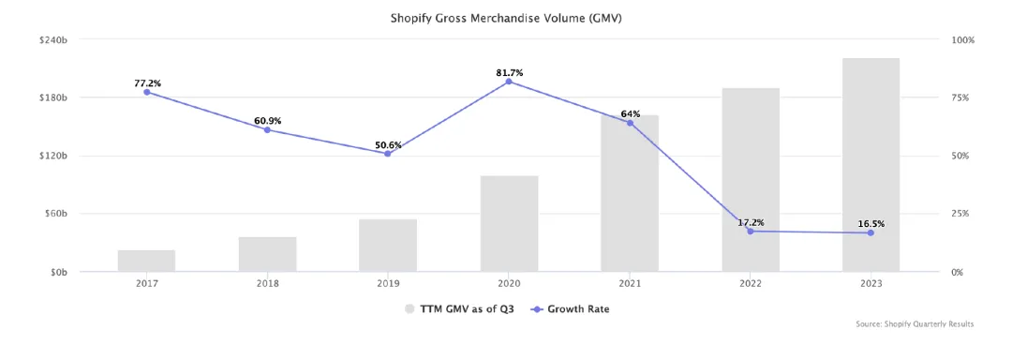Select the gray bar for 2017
[146, 261]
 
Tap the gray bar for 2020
[509, 223]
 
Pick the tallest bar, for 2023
[871, 164]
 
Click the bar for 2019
[388, 246]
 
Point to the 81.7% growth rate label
[509, 73]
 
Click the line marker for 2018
[267, 129]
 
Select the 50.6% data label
[388, 145]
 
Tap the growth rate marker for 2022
[750, 231]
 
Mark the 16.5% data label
[871, 224]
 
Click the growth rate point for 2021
[630, 123]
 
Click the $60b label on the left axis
[56, 214]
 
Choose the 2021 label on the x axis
[630, 284]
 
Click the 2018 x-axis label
[267, 284]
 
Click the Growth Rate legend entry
[570, 309]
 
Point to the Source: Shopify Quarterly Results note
[915, 323]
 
